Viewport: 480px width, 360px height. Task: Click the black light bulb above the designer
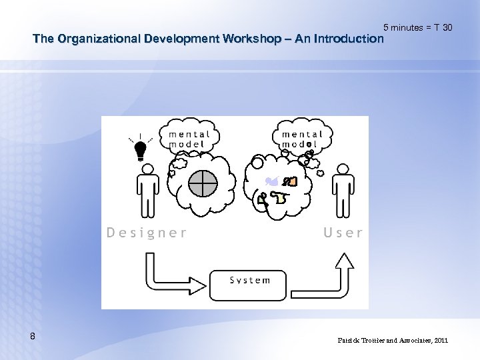pos(141,150)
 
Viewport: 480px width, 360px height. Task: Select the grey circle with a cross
pos(203,183)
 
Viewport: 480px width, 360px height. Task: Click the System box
pos(249,284)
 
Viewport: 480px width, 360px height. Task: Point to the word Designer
pos(147,233)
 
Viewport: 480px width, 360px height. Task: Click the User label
pos(343,233)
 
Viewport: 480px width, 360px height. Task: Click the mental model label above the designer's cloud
pos(189,139)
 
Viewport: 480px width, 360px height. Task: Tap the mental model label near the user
pos(301,139)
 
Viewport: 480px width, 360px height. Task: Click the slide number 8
pos(33,337)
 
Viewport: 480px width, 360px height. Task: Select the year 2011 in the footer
pos(441,340)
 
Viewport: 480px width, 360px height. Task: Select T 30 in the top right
pos(443,27)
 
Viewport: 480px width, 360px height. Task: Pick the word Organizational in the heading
pos(93,39)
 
